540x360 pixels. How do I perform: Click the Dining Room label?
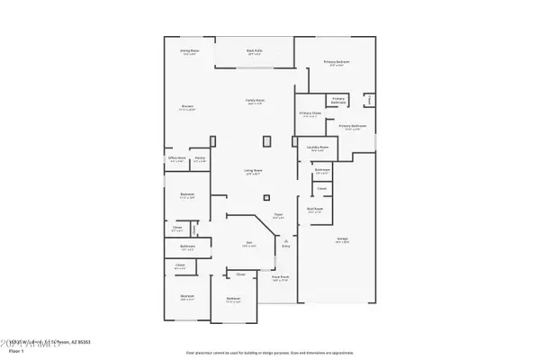pos(189,50)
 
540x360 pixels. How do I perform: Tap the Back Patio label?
pos(255,50)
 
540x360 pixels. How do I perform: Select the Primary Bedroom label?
pos(337,61)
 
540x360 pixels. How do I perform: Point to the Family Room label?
pos(255,99)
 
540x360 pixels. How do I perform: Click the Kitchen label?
pos(188,106)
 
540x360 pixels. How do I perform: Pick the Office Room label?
pos(176,158)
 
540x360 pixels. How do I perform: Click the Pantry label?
pos(200,158)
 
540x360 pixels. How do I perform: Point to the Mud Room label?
pos(314,208)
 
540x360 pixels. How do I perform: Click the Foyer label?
pos(279,214)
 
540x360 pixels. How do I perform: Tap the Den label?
pos(248,243)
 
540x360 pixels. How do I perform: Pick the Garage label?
pos(343,238)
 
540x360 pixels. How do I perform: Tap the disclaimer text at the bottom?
pos(270,352)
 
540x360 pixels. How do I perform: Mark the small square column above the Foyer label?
pos(266,198)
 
